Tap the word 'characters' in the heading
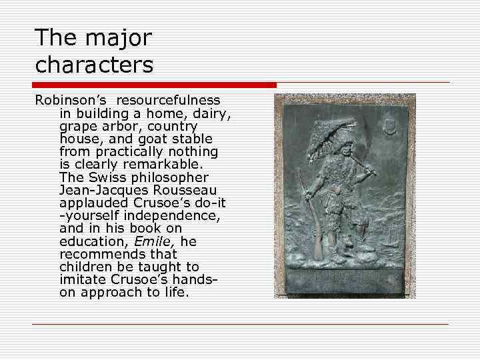tap(94, 65)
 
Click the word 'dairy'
tap(213, 113)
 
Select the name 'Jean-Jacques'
tap(103, 190)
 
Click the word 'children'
tap(85, 267)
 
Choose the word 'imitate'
tap(82, 279)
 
